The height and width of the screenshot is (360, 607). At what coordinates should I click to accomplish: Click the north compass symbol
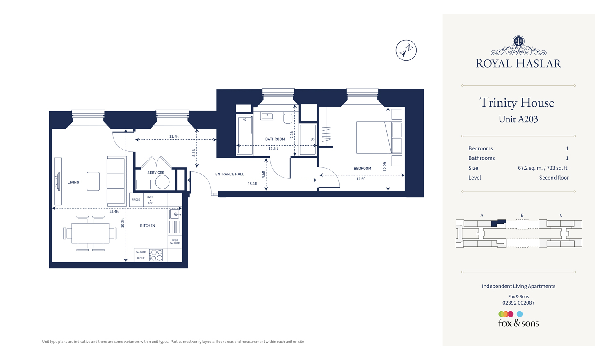pos(406,50)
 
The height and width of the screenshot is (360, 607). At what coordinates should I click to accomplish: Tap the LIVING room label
pos(73,182)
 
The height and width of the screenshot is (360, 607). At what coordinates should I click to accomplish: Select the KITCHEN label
pos(147,226)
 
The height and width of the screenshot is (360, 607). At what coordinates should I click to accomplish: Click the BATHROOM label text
pos(275,139)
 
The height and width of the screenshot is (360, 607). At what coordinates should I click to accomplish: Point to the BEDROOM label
pos(362,169)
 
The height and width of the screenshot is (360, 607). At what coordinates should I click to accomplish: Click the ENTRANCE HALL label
pos(230,174)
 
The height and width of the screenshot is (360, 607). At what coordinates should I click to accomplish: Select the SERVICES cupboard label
pos(155,173)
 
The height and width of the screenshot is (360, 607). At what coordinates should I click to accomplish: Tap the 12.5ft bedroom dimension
pos(361,179)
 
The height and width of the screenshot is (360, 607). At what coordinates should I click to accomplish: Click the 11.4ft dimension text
pos(174,137)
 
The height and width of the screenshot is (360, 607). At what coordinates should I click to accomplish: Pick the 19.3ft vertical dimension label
pos(123,223)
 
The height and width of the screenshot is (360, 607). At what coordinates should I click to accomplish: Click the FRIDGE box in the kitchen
pos(136,200)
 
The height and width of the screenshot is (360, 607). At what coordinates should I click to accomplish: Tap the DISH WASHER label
pos(175,242)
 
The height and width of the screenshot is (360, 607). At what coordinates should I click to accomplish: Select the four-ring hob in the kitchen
pos(156,255)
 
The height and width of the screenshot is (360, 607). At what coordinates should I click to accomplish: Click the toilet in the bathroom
pos(288,118)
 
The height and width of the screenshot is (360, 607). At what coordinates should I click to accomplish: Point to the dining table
pos(90,233)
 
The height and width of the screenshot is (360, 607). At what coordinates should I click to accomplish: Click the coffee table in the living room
pos(93,181)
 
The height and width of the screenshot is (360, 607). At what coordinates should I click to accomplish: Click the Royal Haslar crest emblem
pos(518,41)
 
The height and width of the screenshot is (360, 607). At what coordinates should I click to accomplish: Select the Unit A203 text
pos(518,119)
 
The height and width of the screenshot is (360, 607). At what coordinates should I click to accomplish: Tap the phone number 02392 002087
pos(518,303)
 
